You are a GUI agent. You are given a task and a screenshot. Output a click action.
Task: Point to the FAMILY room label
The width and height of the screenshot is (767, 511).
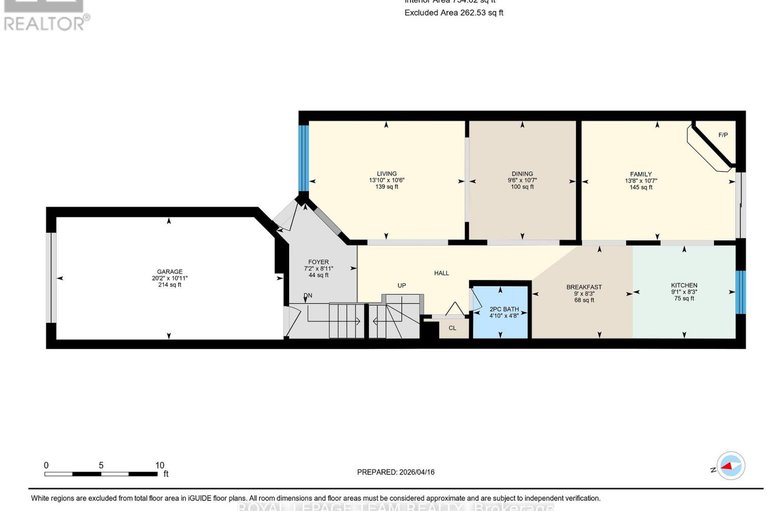click(x=640, y=173)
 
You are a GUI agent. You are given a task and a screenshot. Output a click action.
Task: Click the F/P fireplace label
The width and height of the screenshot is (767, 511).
click(x=725, y=133)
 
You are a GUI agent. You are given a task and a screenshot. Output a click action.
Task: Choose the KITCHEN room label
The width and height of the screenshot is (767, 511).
click(x=684, y=286)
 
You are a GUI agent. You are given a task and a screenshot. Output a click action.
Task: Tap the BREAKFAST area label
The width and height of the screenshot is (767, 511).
click(x=584, y=286)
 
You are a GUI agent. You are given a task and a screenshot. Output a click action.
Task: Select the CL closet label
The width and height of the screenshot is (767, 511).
click(x=452, y=327)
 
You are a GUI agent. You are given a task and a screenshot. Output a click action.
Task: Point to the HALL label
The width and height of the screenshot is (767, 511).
click(x=441, y=272)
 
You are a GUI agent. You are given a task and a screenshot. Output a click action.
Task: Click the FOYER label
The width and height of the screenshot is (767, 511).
click(x=318, y=262)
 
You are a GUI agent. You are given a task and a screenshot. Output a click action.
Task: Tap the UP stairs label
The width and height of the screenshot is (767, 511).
click(x=402, y=285)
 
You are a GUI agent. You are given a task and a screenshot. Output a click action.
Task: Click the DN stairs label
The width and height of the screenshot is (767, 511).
click(x=309, y=295)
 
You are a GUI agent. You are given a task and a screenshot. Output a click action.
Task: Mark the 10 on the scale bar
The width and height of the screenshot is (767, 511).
click(x=159, y=466)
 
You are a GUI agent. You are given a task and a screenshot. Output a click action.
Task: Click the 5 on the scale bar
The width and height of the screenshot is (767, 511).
click(x=102, y=466)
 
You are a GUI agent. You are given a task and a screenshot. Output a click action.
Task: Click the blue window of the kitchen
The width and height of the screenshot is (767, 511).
click(x=740, y=291)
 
